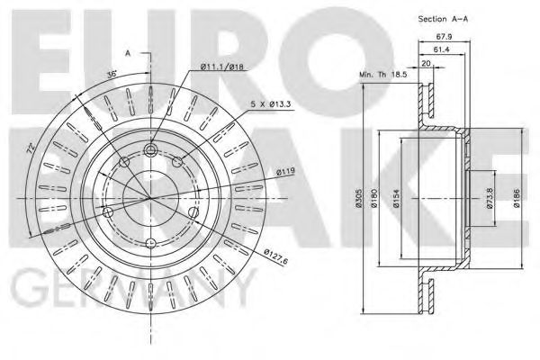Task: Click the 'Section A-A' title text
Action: pos(446,19)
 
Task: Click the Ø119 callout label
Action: pos(262,170)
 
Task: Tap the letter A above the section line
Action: pos(130,55)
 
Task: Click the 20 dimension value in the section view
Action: pos(425,64)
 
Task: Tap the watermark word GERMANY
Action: pos(126,290)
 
